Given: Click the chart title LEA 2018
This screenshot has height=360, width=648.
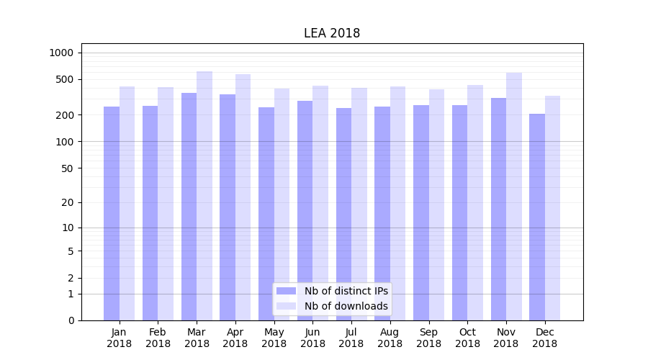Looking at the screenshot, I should point(331,33).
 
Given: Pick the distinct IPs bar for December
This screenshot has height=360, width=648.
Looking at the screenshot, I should point(537,217).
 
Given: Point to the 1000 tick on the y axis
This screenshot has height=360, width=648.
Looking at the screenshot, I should point(61,53).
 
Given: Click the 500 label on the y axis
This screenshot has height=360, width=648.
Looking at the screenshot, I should point(65,79).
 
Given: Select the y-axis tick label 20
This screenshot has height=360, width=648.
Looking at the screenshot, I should point(68,202).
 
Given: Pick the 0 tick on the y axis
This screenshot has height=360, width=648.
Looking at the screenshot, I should point(71,320).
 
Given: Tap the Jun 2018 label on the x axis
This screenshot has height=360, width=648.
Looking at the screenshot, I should point(312,338).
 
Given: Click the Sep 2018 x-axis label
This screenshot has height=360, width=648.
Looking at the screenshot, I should point(428,338).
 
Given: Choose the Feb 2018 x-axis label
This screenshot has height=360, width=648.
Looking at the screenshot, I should point(158,338).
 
